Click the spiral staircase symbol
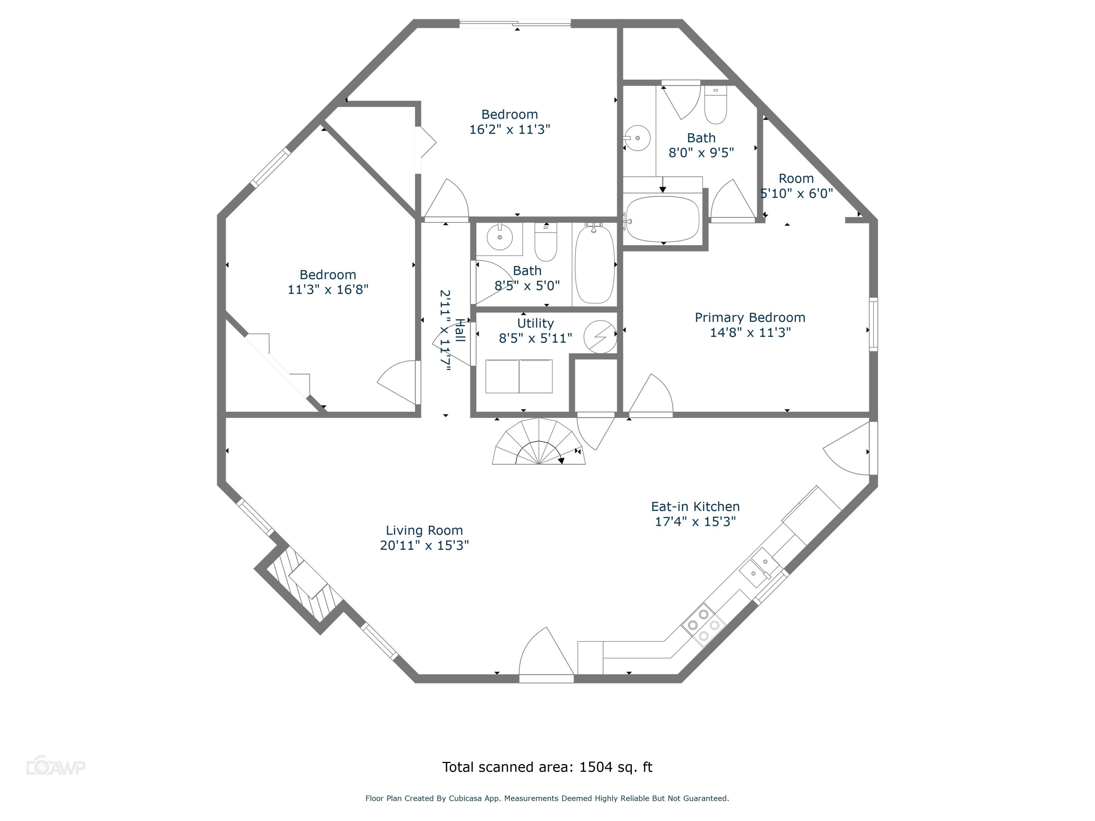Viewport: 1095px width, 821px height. click(539, 443)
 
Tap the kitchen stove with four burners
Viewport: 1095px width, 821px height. click(703, 625)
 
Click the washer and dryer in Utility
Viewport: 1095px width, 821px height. click(519, 377)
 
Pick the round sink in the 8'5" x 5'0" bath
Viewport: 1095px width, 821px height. click(499, 238)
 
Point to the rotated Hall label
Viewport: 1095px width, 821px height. click(460, 330)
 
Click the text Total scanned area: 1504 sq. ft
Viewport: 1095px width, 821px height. click(547, 767)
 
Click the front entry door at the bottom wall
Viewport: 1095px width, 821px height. click(546, 678)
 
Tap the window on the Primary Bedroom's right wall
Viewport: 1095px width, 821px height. click(874, 324)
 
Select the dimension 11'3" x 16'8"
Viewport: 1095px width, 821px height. click(328, 289)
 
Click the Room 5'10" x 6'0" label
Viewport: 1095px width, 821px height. click(796, 186)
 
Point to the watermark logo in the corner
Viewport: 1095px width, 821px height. click(55, 767)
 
